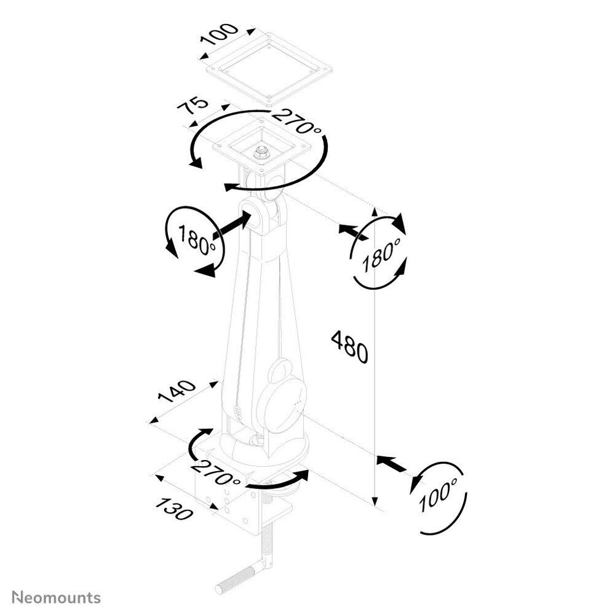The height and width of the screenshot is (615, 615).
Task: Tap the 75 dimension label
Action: (192, 106)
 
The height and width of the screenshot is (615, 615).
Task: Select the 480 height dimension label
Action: (349, 346)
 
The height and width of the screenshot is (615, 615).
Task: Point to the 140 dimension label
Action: (177, 392)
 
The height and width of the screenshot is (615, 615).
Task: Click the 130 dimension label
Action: (175, 508)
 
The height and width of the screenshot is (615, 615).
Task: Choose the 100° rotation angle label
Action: (438, 494)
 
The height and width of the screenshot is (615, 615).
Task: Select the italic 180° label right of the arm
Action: (381, 255)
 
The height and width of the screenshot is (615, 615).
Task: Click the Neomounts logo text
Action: (56, 598)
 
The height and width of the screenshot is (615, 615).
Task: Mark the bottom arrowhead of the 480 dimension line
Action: (375, 501)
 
